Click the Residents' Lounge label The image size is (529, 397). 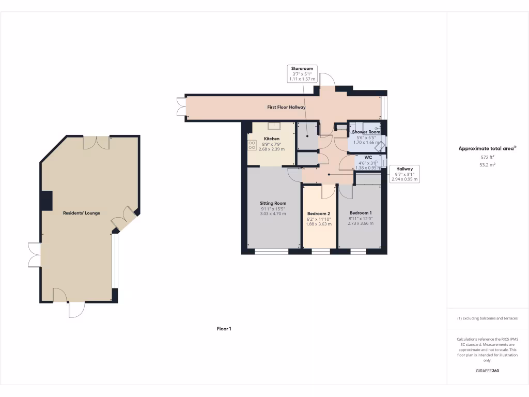tap(82, 213)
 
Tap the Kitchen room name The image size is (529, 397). tap(272, 139)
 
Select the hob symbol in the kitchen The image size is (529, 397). tap(253, 145)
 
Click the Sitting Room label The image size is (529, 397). tap(273, 203)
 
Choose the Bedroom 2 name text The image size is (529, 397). tap(318, 213)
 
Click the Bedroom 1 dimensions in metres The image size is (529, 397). tap(360, 223)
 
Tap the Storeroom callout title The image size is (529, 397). tap(302, 68)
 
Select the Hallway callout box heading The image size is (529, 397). tap(404, 169)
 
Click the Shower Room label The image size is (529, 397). tap(366, 132)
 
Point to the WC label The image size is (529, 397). tap(368, 157)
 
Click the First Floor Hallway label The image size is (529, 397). tap(286, 108)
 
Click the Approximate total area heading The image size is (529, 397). tap(487, 148)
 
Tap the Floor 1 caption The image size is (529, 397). tap(224, 328)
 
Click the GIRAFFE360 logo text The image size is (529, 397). tap(487, 371)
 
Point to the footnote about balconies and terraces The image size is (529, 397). tap(487, 318)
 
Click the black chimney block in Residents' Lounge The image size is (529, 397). tap(47, 201)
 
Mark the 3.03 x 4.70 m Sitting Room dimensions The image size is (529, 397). tap(273, 213)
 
